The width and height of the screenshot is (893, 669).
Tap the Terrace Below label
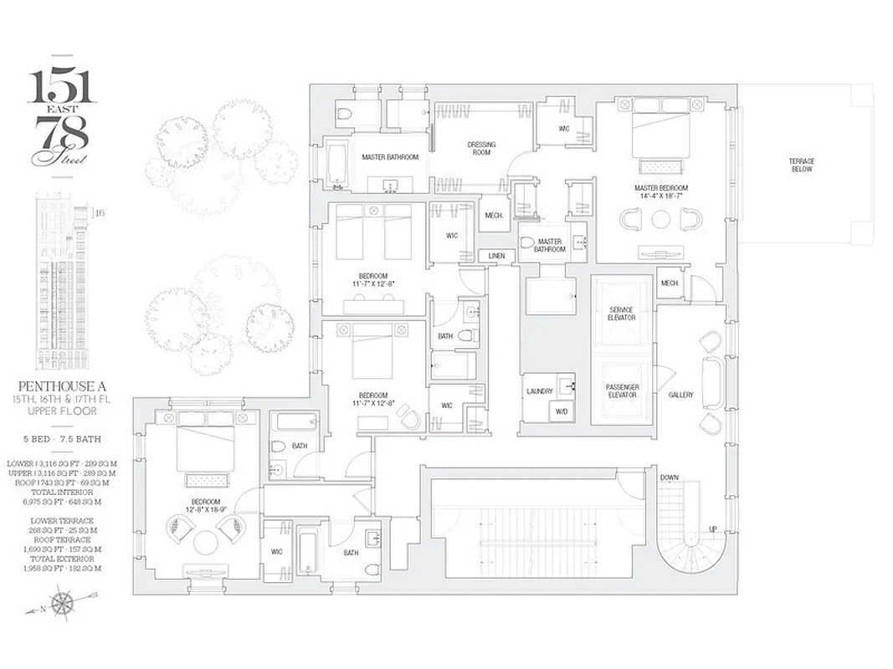pyautogui.click(x=801, y=165)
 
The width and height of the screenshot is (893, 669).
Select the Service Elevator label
pyautogui.click(x=621, y=314)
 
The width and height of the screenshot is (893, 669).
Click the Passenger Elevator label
pyautogui.click(x=621, y=391)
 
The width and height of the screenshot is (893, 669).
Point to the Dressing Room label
pyautogui.click(x=481, y=149)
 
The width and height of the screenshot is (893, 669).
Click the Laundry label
pyautogui.click(x=539, y=391)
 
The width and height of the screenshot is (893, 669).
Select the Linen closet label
pyautogui.click(x=497, y=255)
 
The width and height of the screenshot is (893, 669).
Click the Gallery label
pyautogui.click(x=680, y=395)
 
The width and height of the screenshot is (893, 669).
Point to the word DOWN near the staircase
pyautogui.click(x=669, y=477)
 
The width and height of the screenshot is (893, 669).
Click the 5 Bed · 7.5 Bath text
pyautogui.click(x=64, y=439)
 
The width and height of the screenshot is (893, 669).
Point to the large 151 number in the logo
pyautogui.click(x=62, y=86)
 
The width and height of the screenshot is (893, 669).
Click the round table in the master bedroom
pyautogui.click(x=661, y=220)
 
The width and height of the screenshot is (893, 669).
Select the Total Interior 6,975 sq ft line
pyautogui.click(x=64, y=498)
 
